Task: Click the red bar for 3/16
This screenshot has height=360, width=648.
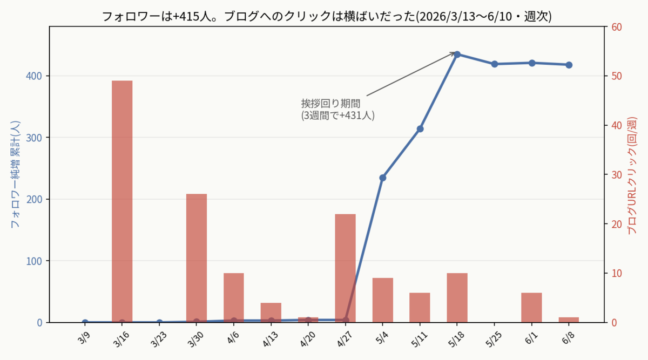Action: [x=122, y=201]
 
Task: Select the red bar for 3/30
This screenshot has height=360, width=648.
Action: [x=197, y=258]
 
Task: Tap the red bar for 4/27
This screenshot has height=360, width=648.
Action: [x=346, y=268]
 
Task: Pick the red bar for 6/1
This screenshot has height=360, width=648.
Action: [x=532, y=307]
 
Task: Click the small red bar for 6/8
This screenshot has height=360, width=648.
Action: [x=569, y=320]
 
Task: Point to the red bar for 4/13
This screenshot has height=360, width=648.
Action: [x=271, y=313]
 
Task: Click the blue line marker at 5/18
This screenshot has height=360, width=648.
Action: [x=457, y=55]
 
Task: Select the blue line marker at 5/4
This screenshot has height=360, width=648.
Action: [x=383, y=178]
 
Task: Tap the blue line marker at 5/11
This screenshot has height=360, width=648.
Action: [x=420, y=129]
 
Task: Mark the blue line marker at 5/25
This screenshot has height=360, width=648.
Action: [x=495, y=64]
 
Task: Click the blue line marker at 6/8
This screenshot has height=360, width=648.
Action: [x=569, y=65]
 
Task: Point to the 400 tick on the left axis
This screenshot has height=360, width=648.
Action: [x=34, y=76]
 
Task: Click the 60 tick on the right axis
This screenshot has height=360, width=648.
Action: [x=617, y=27]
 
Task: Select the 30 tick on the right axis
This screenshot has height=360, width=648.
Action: [x=617, y=175]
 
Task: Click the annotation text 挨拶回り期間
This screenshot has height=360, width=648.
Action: [x=330, y=103]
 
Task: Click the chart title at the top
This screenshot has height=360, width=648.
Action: [x=327, y=16]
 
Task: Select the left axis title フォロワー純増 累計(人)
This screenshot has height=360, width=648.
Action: [x=15, y=174]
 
